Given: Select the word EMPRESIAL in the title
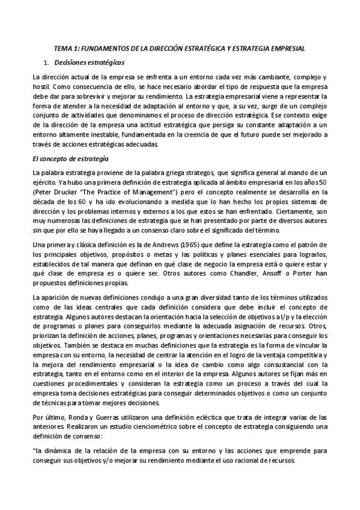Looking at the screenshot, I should (x=288, y=48).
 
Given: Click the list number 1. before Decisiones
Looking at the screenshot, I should (x=45, y=61).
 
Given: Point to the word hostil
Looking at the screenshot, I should (x=41, y=87).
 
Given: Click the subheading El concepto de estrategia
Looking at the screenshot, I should (x=70, y=158).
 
